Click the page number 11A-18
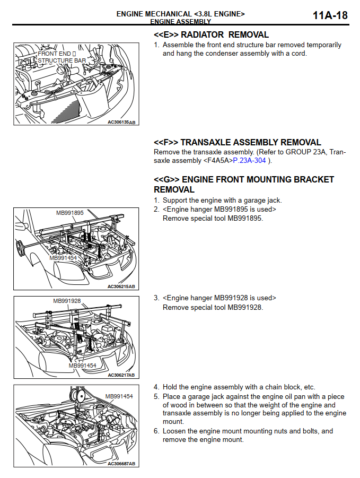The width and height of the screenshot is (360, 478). coord(330,15)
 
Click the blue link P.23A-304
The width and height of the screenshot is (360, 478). coord(250,160)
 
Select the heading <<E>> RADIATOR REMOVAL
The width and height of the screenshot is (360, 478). coord(211,35)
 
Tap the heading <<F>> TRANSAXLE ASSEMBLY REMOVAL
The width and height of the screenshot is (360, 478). coord(237,142)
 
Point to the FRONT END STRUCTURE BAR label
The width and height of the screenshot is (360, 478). coord(61,57)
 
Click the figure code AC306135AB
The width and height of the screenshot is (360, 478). coord(121,122)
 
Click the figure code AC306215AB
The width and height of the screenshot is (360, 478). coord(121,286)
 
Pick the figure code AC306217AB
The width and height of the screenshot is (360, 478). coord(121,375)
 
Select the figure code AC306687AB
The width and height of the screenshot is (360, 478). coord(121,464)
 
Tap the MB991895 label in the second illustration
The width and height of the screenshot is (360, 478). coord(70,213)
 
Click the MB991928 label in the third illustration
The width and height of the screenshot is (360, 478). coord(67,301)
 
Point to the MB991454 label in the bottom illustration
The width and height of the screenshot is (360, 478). coord(119,396)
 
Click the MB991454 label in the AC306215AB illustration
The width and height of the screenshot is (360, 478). coord(63,258)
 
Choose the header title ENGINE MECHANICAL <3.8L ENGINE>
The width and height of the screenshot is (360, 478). coord(180,14)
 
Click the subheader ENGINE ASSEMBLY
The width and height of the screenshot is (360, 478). coord(180,22)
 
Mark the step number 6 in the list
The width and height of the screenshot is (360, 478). coord(156,431)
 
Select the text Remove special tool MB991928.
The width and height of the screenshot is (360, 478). coord(213,307)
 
